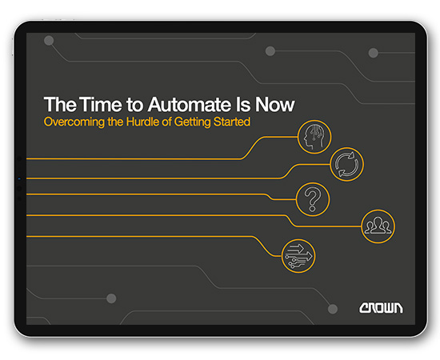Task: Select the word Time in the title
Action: [88, 104]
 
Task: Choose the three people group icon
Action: [377, 226]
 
